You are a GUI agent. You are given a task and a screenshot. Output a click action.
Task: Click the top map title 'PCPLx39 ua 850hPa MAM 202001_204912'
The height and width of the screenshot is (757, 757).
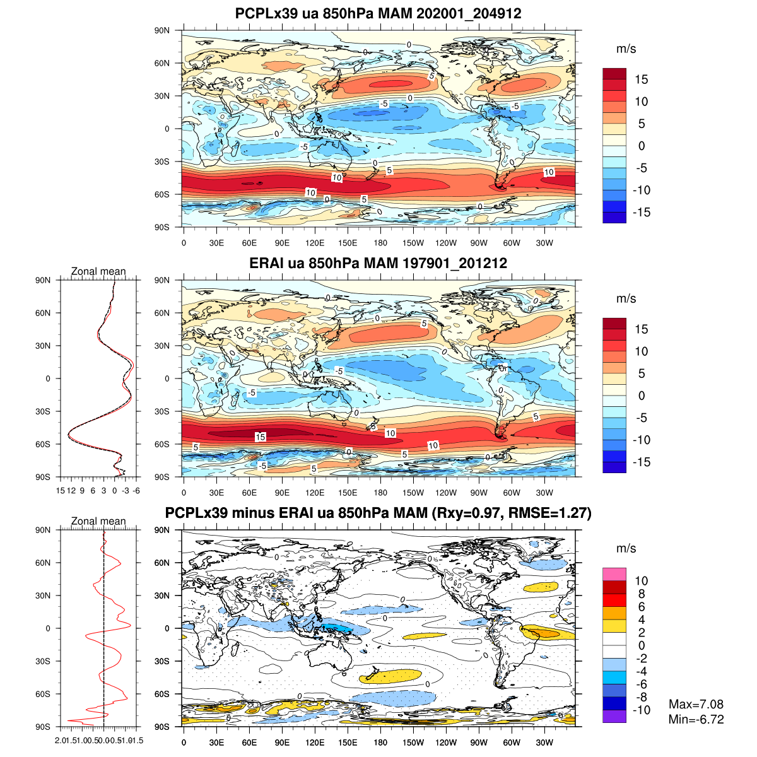pos(378,13)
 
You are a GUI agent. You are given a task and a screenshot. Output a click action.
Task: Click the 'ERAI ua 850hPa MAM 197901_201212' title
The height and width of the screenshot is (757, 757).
pos(378,263)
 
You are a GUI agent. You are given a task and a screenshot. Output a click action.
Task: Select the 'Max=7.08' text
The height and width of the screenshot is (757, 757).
pos(696,704)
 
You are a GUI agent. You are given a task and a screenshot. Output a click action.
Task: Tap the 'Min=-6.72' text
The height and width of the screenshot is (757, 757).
pos(696,719)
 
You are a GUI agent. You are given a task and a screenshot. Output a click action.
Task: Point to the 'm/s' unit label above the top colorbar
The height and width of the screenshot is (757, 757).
pos(626,49)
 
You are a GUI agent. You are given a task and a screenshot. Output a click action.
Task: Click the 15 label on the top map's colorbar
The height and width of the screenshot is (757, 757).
pos(642,79)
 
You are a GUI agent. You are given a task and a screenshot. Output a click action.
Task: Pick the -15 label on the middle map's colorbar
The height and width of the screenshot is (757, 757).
pos(642,462)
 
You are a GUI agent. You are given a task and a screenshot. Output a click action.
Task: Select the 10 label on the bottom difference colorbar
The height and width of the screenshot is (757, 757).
pos(642,581)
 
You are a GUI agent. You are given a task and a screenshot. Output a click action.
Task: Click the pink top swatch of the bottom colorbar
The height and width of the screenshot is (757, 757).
pos(614,574)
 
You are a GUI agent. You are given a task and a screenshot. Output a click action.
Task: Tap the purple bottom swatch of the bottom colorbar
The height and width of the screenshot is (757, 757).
pos(614,717)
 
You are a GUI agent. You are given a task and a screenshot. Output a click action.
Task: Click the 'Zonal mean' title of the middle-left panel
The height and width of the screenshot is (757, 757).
pos(98,271)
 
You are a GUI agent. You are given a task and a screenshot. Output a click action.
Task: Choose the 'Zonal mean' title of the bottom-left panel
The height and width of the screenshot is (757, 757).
pos(98,521)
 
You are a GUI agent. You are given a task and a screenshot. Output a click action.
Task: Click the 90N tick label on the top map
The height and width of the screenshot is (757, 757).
pos(162,30)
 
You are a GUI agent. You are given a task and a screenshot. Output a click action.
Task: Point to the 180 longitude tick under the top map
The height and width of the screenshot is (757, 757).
pos(380,243)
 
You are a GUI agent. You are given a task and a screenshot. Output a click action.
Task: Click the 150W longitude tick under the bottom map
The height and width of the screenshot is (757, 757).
pos(413,742)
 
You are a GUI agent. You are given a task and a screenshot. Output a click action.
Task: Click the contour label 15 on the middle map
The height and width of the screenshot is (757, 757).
pos(261,437)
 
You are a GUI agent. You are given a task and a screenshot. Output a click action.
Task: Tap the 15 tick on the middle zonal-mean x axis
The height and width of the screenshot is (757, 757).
pos(61,490)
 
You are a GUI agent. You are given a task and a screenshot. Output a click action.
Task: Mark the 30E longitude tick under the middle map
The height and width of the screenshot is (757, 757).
pos(216,493)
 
